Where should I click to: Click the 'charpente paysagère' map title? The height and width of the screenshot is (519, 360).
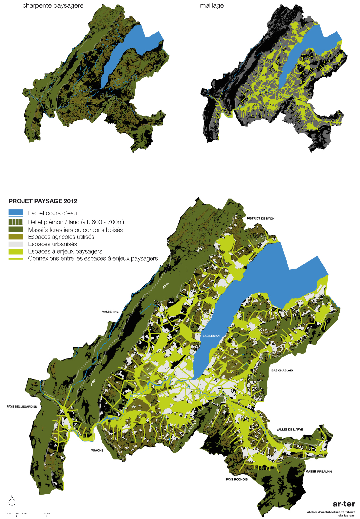(x=53, y=5)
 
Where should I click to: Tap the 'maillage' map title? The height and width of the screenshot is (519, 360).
(x=212, y=5)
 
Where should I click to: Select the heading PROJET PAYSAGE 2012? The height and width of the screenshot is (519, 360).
(x=43, y=201)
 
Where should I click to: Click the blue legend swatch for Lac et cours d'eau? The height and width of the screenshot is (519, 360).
(x=15, y=213)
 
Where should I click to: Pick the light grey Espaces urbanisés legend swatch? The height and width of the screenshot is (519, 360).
(x=15, y=244)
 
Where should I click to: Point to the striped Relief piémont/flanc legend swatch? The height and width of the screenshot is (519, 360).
(x=15, y=222)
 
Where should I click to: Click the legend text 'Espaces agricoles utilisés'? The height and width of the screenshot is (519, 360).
(x=61, y=237)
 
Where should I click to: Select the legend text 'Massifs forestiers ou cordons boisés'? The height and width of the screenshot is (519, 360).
(x=75, y=230)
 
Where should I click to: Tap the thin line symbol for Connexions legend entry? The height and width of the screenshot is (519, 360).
(x=15, y=259)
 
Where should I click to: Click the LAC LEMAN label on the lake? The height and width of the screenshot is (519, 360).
(x=211, y=336)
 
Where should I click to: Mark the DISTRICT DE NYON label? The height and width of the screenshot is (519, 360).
(x=260, y=218)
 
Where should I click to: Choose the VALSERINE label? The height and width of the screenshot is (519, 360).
(x=110, y=312)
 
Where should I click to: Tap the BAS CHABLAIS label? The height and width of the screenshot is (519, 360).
(x=282, y=370)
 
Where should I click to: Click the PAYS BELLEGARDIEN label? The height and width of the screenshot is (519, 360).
(x=22, y=407)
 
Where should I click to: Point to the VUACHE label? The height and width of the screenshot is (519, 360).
(x=97, y=450)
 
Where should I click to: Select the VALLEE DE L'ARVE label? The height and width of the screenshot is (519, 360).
(x=289, y=429)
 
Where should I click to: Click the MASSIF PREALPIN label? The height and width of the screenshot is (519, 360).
(x=318, y=471)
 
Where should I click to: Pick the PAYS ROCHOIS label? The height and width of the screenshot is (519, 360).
(x=237, y=479)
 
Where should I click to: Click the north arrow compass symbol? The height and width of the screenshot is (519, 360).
(x=12, y=501)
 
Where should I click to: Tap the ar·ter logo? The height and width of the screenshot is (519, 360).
(x=344, y=504)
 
